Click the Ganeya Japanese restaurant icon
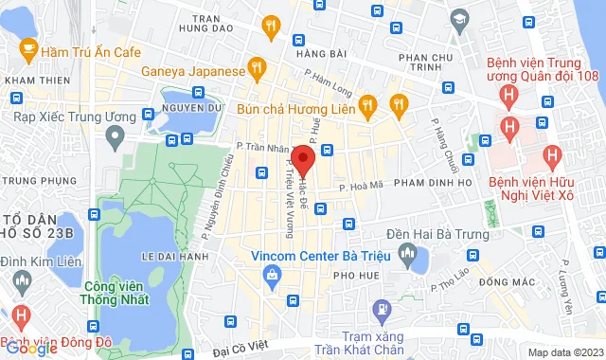point(256,68)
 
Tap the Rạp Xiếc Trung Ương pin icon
point(115,138)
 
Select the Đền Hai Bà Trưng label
point(443,233)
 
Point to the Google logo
point(32,348)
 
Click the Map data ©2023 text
point(564,351)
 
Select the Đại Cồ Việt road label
point(244,351)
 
